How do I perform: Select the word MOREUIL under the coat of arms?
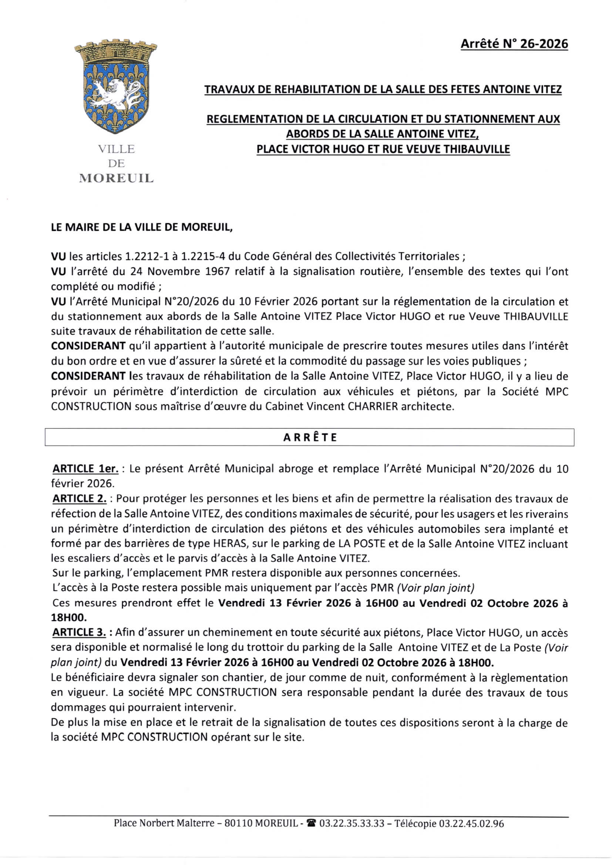(117, 178)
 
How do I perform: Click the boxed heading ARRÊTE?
(310, 437)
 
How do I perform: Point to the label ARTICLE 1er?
(85, 469)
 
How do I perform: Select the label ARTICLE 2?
(80, 499)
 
